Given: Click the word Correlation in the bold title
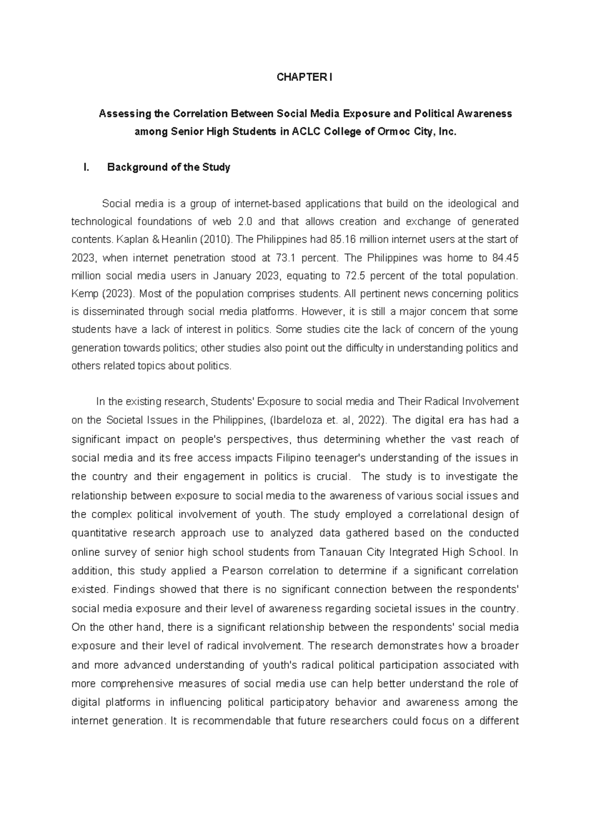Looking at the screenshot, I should point(199,114).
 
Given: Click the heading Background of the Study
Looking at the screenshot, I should point(168,167).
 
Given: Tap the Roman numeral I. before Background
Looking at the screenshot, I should point(87,167).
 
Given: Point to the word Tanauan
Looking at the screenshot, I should point(336,552).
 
